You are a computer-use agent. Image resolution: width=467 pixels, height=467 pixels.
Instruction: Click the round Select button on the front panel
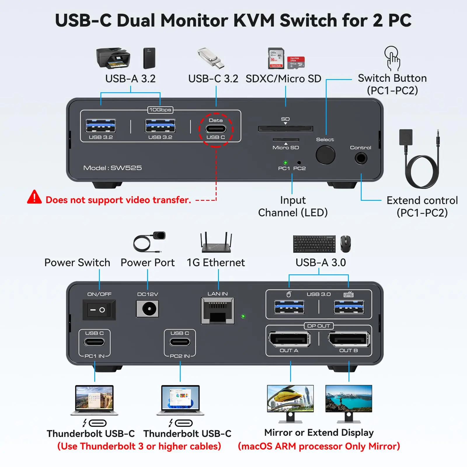[325, 155]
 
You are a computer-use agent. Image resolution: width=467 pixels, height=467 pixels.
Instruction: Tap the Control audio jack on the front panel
[361, 158]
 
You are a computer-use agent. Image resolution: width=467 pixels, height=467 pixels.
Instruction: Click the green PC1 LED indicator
[285, 163]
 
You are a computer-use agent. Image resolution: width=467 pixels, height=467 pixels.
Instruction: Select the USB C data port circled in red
[216, 129]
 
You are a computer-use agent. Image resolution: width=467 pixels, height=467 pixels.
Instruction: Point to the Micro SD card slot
[286, 140]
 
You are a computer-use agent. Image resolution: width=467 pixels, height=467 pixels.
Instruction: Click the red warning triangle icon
[34, 197]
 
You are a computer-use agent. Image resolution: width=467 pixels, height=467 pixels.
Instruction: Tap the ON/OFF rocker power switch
[99, 310]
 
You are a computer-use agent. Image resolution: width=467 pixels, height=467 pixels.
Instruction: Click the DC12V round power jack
[147, 309]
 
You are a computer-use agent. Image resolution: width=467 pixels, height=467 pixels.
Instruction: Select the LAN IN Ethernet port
[218, 311]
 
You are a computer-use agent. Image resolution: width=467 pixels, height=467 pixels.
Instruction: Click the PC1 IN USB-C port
[94, 342]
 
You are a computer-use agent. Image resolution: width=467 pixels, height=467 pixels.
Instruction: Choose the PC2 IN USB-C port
[180, 342]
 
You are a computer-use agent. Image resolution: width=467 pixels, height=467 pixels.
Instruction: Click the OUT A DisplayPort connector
[289, 339]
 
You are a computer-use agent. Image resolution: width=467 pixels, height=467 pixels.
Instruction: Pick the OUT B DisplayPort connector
[349, 339]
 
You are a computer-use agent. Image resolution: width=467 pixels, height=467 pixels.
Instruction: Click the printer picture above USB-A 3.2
[113, 58]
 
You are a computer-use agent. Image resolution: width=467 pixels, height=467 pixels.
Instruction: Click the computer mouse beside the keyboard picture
[345, 243]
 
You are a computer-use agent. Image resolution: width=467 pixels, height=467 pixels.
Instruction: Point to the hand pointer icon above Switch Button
[392, 58]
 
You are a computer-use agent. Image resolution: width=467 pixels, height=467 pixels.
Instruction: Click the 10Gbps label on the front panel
[160, 110]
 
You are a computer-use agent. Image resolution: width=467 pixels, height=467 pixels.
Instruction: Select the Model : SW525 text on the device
[112, 168]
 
